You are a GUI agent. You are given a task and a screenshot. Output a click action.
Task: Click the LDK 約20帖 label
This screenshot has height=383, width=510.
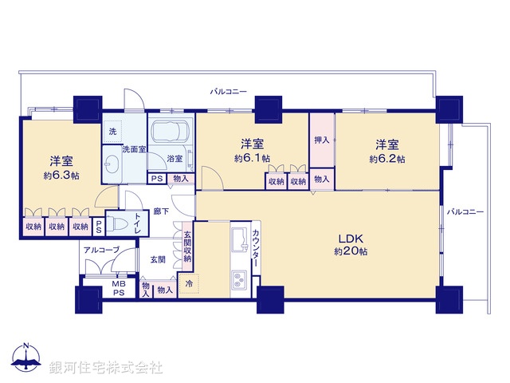(x=351, y=244)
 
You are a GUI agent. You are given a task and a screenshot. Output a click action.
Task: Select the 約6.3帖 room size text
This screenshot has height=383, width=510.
(x=60, y=172)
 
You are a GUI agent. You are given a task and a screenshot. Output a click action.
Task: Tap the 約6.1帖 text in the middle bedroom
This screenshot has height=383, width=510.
(x=252, y=159)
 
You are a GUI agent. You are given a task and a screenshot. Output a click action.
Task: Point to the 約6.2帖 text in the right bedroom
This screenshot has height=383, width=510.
(x=386, y=159)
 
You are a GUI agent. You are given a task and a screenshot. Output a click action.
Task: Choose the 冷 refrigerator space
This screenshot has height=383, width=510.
(x=189, y=283)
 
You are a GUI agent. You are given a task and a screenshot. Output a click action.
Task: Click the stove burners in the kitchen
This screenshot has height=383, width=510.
(x=239, y=280)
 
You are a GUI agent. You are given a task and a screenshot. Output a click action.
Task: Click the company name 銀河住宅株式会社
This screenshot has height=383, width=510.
(x=105, y=367)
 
